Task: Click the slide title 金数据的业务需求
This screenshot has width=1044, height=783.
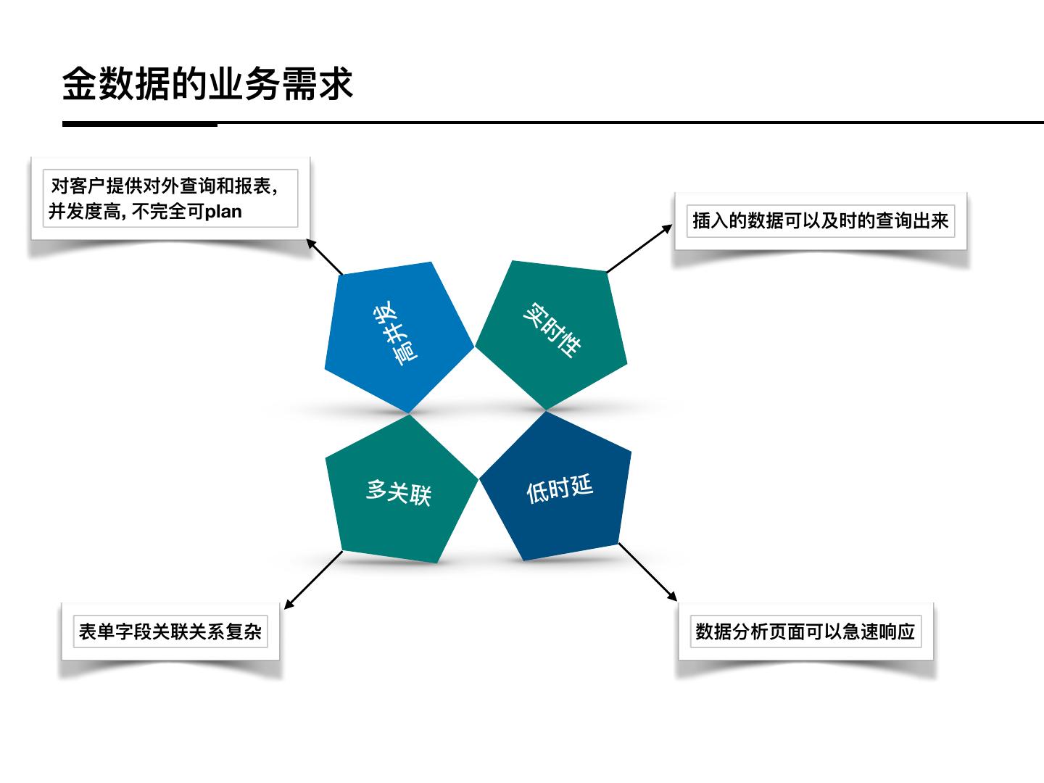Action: click(x=207, y=84)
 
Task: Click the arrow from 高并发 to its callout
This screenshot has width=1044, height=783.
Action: click(x=324, y=257)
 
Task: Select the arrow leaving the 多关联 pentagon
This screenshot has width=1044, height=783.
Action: click(x=313, y=580)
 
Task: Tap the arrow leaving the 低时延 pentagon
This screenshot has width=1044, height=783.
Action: click(x=647, y=572)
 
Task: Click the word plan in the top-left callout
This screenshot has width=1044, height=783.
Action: click(x=223, y=212)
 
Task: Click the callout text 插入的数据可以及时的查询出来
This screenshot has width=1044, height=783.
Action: click(x=820, y=220)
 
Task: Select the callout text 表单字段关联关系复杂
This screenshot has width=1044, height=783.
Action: click(x=170, y=631)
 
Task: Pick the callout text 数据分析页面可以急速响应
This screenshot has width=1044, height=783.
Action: click(x=805, y=631)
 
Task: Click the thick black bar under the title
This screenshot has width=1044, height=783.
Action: click(x=140, y=124)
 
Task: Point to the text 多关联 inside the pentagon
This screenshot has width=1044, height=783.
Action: click(x=398, y=492)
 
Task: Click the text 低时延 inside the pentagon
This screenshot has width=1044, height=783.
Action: click(x=559, y=489)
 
